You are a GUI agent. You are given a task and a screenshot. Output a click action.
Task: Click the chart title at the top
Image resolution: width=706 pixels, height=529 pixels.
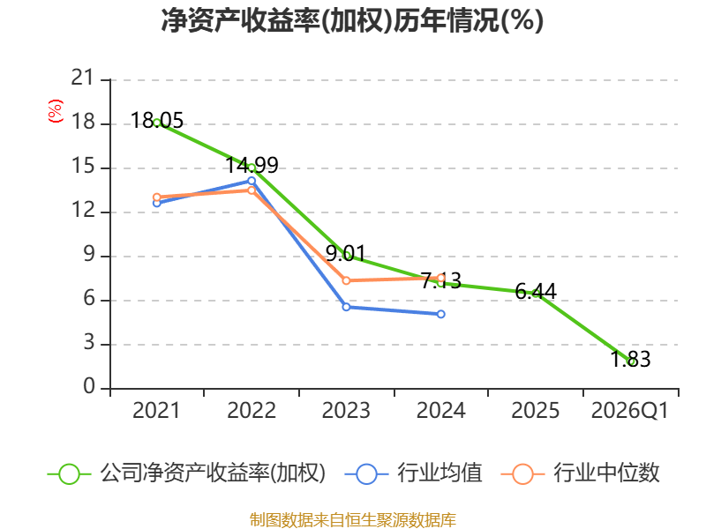(x=352, y=20)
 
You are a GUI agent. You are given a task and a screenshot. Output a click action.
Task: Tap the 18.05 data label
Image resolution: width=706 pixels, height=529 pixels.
(x=157, y=121)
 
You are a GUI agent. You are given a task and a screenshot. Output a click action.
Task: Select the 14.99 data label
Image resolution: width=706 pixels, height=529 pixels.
(x=252, y=165)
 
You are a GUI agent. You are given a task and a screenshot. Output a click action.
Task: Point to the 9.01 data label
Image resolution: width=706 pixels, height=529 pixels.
(x=346, y=253)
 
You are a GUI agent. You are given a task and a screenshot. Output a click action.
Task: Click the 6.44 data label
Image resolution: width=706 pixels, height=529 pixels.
(x=536, y=292)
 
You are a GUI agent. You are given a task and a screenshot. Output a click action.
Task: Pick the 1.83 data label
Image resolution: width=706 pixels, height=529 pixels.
(x=630, y=360)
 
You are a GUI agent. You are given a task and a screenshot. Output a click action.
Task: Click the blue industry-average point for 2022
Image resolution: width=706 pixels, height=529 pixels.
(x=252, y=181)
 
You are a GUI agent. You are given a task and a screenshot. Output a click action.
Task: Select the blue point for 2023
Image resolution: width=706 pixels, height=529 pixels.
(x=346, y=307)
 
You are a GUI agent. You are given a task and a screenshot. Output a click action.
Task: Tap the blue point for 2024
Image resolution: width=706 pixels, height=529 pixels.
(x=440, y=314)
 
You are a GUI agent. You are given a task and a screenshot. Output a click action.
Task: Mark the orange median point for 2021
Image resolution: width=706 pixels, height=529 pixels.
(x=157, y=197)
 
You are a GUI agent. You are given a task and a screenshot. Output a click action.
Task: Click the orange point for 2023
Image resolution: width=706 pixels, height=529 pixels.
(x=346, y=280)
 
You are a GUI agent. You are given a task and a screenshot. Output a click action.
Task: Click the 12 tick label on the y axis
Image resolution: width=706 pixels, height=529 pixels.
(x=83, y=210)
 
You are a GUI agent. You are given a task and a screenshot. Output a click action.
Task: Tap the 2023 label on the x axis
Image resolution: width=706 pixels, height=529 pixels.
(x=346, y=411)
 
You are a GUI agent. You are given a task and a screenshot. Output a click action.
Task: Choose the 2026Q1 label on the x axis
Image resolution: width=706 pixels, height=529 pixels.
(x=630, y=411)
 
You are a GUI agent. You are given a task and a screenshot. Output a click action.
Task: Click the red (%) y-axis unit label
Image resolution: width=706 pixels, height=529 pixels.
(x=56, y=111)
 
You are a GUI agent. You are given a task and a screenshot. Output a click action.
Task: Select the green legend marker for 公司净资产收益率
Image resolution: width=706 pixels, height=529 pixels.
(x=69, y=474)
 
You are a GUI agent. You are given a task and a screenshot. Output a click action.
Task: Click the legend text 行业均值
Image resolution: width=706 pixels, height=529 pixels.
(x=439, y=473)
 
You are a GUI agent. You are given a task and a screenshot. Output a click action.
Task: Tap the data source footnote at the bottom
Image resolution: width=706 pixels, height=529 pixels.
(x=352, y=520)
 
